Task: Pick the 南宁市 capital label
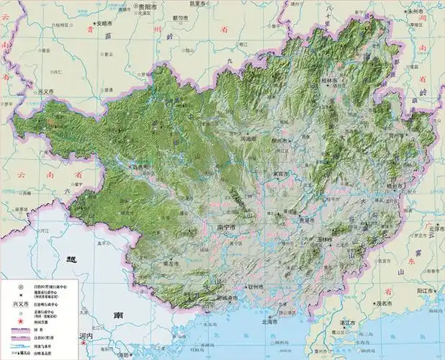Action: click(x=227, y=228)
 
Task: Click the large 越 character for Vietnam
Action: click(x=70, y=260)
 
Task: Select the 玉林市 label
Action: click(x=322, y=239)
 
